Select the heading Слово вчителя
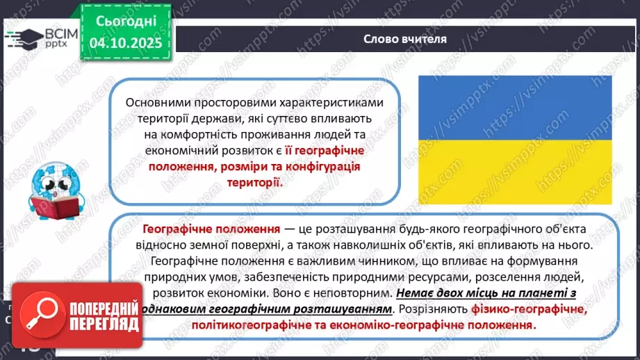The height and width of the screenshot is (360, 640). (x=404, y=39)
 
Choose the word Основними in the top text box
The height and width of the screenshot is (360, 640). (x=156, y=102)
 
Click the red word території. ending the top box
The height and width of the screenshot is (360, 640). (x=255, y=183)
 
